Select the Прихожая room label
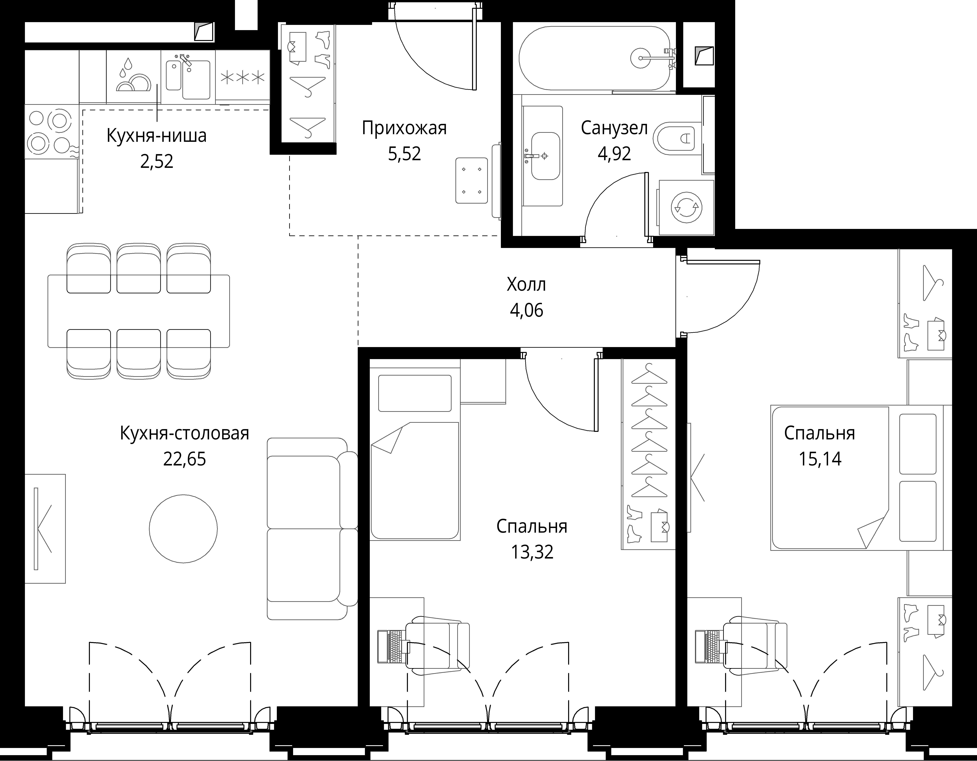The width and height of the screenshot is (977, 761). coord(404,128)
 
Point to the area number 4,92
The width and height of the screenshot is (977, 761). coord(614,154)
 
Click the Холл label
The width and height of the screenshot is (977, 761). coord(527,284)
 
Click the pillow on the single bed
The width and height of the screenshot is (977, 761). coord(415,393)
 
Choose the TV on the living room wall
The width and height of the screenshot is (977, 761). coord(36,529)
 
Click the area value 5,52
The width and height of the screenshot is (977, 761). coord(404,154)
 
